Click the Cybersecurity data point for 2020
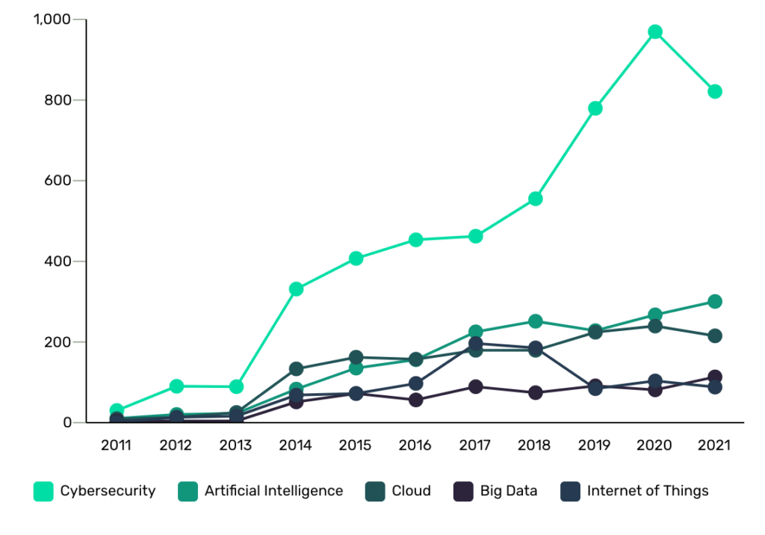point(655,32)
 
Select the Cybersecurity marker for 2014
point(296,289)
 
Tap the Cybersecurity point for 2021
point(715,92)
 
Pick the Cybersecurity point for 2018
point(536,199)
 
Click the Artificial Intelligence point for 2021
point(715,302)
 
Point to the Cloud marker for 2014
point(296,369)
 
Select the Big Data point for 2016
point(416,400)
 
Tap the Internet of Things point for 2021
point(715,387)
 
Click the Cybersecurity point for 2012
point(176,386)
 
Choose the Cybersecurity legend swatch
point(43,491)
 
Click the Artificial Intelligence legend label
point(273,491)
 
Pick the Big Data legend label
point(509,491)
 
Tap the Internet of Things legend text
point(648,491)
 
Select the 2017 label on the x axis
point(475,445)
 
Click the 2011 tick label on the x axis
point(116,445)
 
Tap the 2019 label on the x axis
point(595,445)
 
